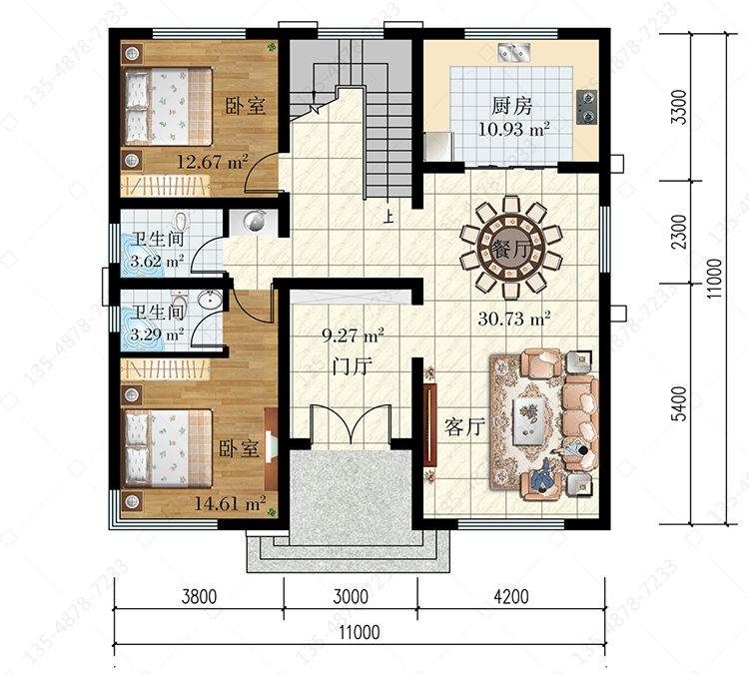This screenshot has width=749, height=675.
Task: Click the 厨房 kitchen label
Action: pyautogui.click(x=511, y=106)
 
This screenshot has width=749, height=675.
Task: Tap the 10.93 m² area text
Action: pyautogui.click(x=514, y=129)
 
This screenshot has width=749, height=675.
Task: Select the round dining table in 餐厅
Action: pyautogui.click(x=510, y=249)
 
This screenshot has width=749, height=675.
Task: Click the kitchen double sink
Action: pyautogui.click(x=514, y=52)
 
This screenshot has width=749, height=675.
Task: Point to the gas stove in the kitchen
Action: pyautogui.click(x=586, y=107)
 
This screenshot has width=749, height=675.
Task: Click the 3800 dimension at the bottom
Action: pyautogui.click(x=199, y=597)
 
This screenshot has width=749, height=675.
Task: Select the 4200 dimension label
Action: pyautogui.click(x=511, y=597)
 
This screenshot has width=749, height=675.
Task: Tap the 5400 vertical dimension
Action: pyautogui.click(x=679, y=403)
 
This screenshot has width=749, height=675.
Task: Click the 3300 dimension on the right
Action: pyautogui.click(x=679, y=107)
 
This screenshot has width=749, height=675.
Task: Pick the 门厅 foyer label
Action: pyautogui.click(x=353, y=366)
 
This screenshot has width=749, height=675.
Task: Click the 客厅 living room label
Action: pyautogui.click(x=464, y=426)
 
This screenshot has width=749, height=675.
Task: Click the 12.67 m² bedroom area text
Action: pyautogui.click(x=212, y=162)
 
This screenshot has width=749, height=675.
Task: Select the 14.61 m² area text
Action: pyautogui.click(x=230, y=503)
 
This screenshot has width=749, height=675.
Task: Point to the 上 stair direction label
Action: pyautogui.click(x=388, y=217)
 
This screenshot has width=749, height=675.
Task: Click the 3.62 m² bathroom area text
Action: pyautogui.click(x=157, y=262)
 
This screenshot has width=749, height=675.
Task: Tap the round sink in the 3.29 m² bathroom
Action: pyautogui.click(x=210, y=300)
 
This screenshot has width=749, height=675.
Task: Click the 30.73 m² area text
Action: pyautogui.click(x=514, y=319)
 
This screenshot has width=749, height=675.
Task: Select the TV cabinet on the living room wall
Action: pyautogui.click(x=429, y=424)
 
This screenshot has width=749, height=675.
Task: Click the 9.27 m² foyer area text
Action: pyautogui.click(x=353, y=336)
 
